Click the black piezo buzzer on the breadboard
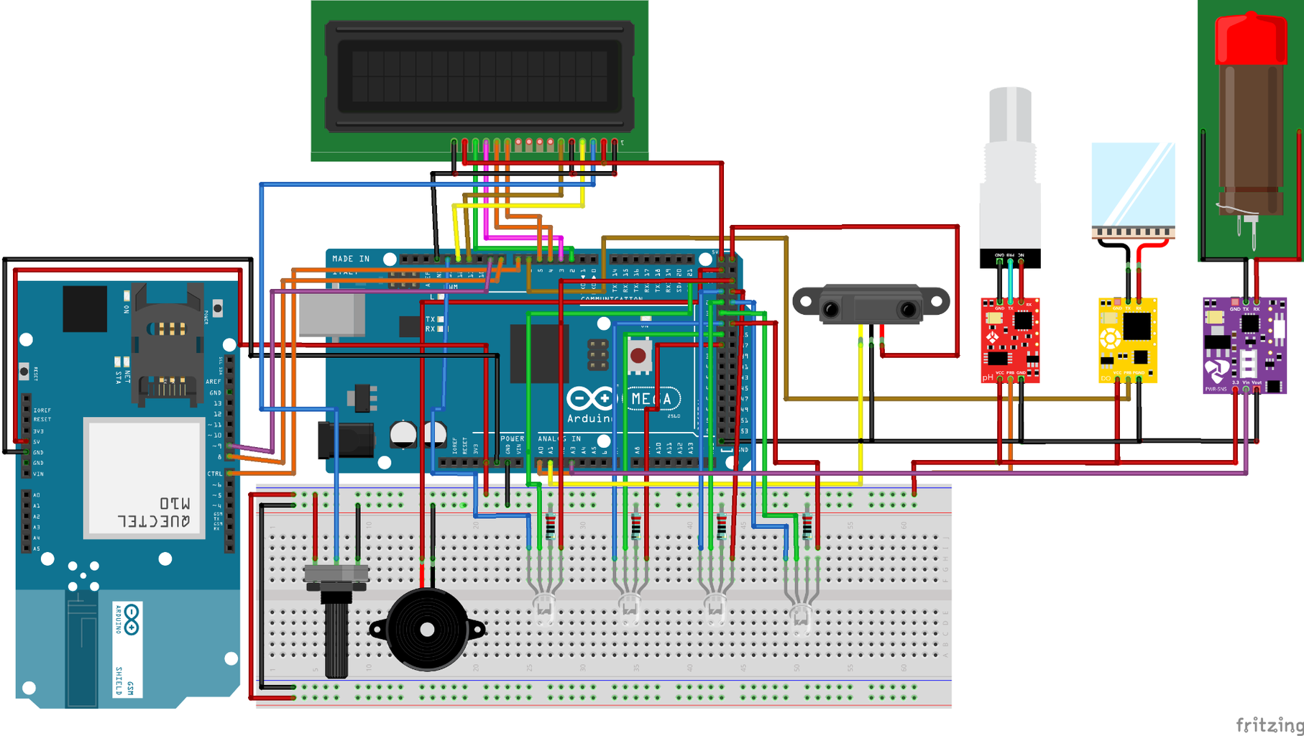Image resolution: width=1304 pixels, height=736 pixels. pos(427,630)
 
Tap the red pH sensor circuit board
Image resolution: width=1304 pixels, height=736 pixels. pos(1010,339)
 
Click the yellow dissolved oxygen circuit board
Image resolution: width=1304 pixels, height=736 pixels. pos(1127,339)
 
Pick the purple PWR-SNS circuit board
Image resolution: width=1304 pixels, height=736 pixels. pos(1244,346)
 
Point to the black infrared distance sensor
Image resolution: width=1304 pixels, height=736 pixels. pos(871,305)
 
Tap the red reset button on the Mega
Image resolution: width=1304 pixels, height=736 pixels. pos(638,356)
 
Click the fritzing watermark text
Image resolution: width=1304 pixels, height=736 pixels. pos(1269,724)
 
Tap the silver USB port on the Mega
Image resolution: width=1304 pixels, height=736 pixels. pos(331,315)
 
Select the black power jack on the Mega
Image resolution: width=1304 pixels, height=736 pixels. pos(346,439)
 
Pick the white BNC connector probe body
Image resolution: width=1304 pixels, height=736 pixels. pos(1010,180)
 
